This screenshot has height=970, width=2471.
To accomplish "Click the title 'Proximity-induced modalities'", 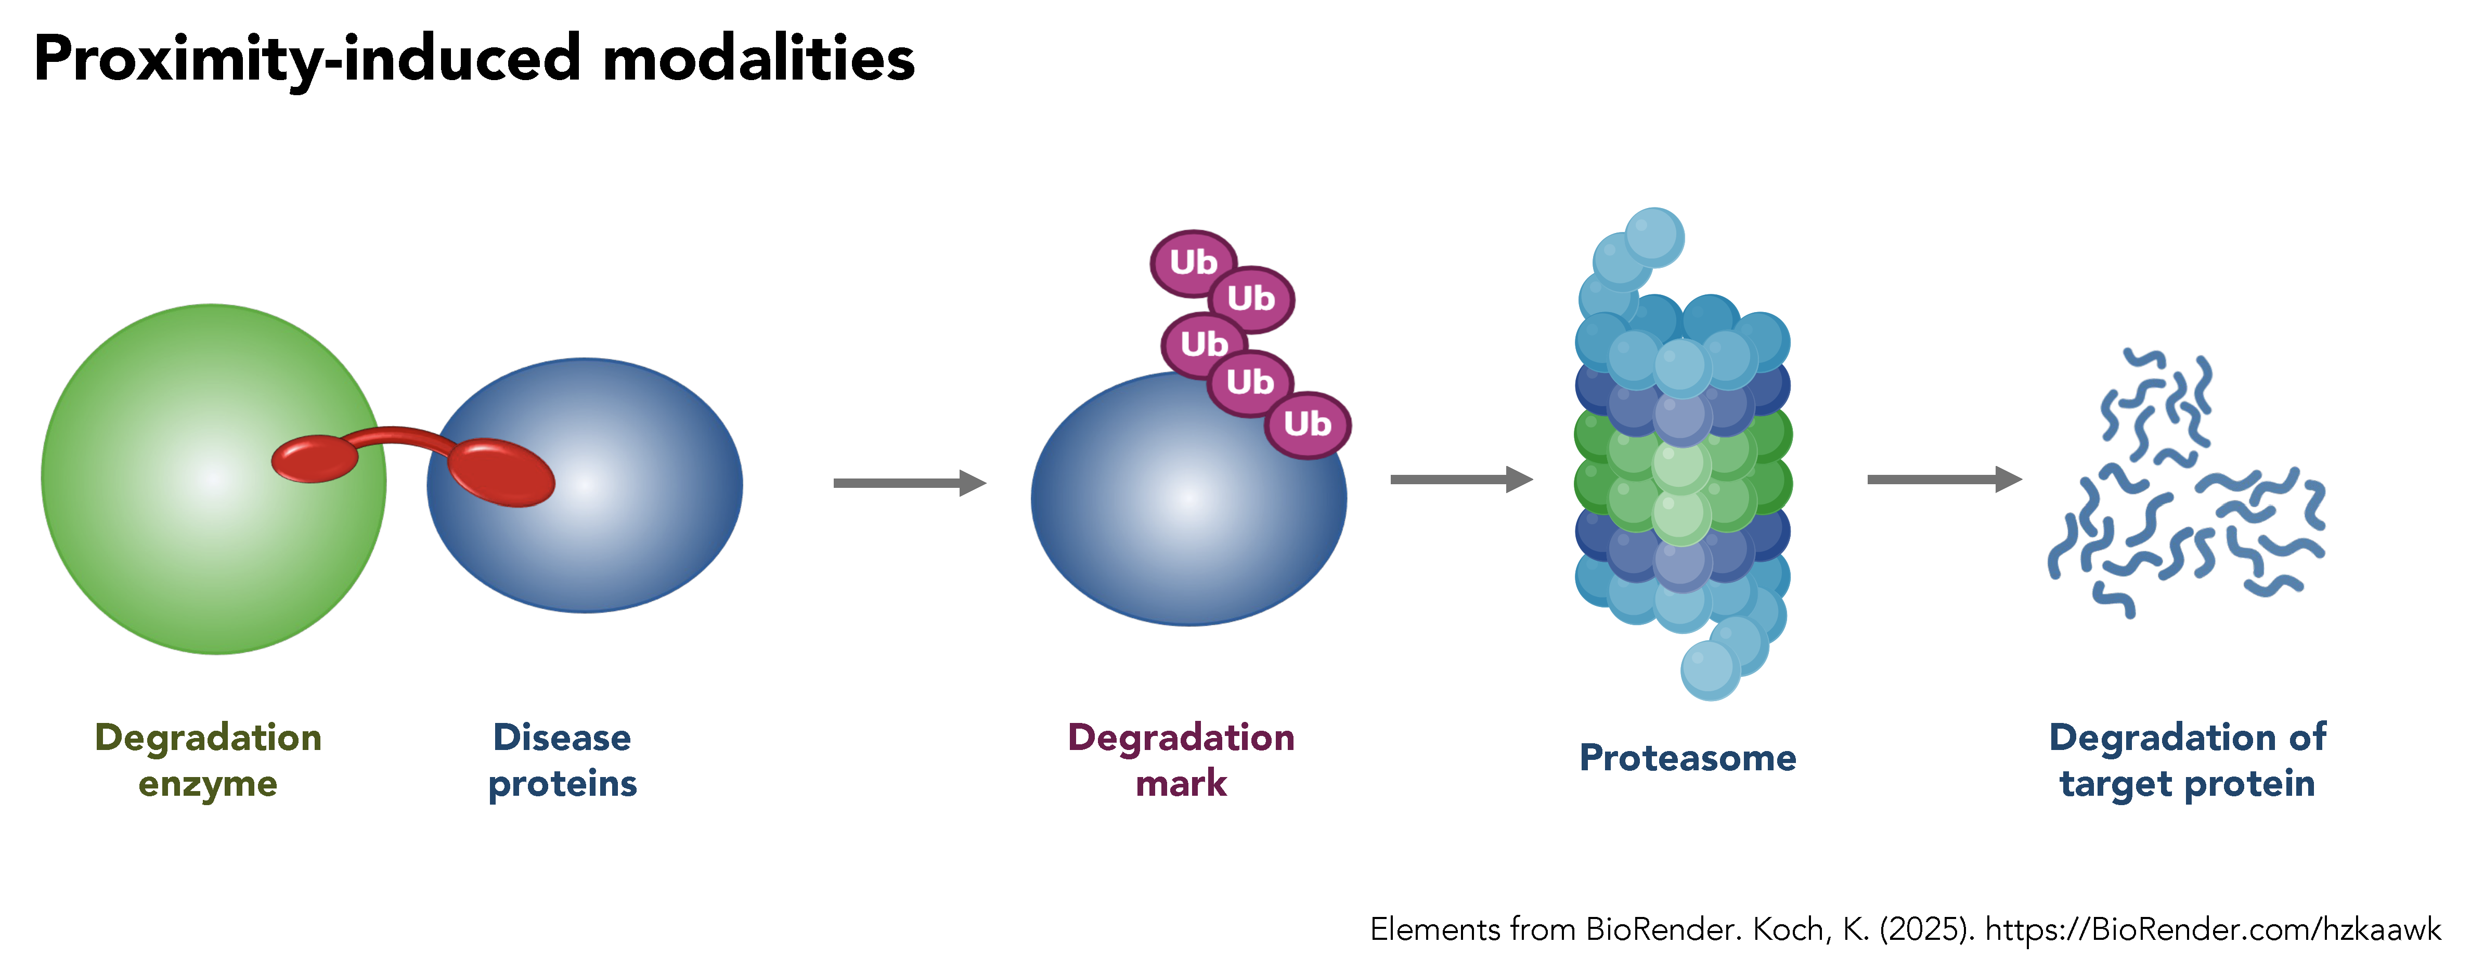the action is [474, 59].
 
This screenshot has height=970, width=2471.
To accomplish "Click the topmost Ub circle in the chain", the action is [1193, 262].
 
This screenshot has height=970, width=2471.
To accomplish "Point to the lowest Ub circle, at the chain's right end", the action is [1308, 424].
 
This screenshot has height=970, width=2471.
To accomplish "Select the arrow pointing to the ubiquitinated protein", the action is [909, 483].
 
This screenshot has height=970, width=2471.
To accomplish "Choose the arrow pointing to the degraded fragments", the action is [1944, 479].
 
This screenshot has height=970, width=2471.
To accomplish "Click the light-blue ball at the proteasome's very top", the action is [1654, 237].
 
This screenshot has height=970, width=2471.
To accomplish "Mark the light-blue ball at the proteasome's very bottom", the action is [1710, 670].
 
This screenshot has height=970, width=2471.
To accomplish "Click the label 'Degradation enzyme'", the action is [208, 760].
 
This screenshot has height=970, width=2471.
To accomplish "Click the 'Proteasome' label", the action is [1687, 758].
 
